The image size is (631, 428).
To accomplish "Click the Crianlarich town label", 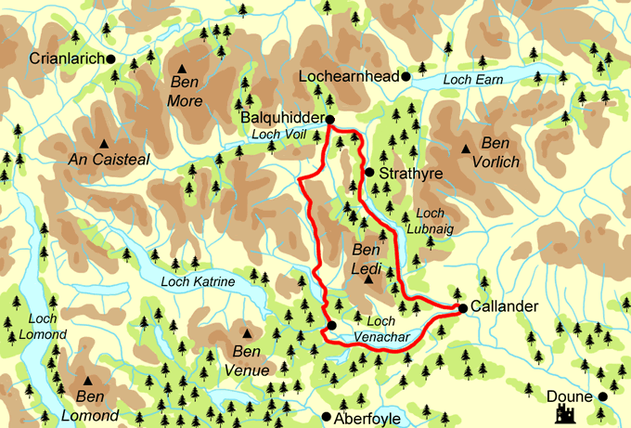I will pyautogui.click(x=67, y=58).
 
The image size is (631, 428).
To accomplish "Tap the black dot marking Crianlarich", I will pyautogui.click(x=111, y=58).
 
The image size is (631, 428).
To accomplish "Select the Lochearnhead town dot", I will pyautogui.click(x=406, y=76).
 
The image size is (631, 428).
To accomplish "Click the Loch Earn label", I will pyautogui.click(x=473, y=81).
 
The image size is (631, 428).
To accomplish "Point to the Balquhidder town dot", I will pyautogui.click(x=329, y=119).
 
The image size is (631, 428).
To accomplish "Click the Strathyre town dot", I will pyautogui.click(x=368, y=173).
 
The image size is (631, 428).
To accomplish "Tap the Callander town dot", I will pyautogui.click(x=461, y=308).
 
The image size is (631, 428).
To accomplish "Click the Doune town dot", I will pyautogui.click(x=602, y=396).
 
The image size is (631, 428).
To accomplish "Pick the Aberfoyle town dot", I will pyautogui.click(x=325, y=417).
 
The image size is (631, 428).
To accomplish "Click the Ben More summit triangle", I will pyautogui.click(x=183, y=68).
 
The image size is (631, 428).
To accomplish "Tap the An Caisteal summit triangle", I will pyautogui.click(x=103, y=143).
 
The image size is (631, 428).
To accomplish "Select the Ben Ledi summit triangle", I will pyautogui.click(x=368, y=279).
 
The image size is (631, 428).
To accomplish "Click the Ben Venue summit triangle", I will pyautogui.click(x=247, y=333).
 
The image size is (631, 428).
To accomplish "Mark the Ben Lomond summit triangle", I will pyautogui.click(x=88, y=381).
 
